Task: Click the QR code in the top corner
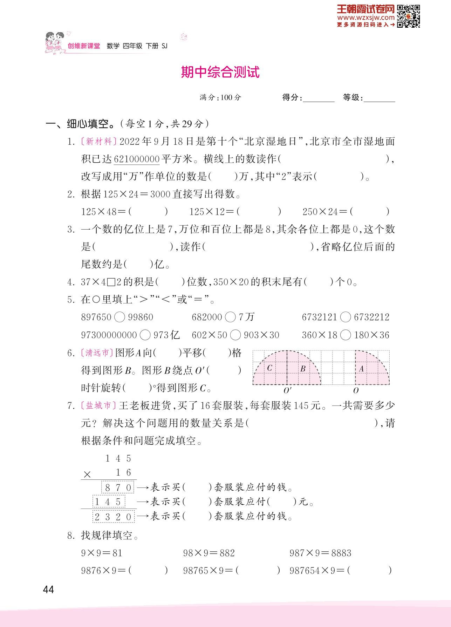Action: [408, 16]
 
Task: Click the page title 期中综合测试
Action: [220, 72]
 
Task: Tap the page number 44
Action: [48, 589]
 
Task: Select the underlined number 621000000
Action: [137, 159]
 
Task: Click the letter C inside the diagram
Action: [269, 368]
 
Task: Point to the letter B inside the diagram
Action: [303, 368]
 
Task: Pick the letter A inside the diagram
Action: [361, 368]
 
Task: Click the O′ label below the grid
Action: [287, 390]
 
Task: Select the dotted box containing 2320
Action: [114, 517]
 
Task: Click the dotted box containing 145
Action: [109, 502]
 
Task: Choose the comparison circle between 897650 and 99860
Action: [119, 317]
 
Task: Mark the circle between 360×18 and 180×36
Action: [346, 335]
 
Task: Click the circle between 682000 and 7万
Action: [230, 317]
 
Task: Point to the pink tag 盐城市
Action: [98, 405]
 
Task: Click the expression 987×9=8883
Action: [320, 553]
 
